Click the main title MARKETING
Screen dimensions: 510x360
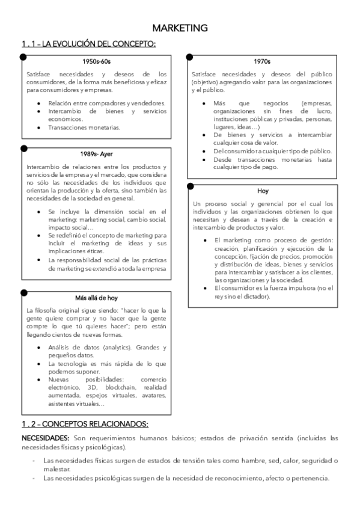point(180,28)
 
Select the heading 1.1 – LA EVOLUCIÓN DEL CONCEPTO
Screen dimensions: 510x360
point(88,43)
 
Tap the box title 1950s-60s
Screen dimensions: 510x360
point(97,61)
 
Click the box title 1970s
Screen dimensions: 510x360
point(263,61)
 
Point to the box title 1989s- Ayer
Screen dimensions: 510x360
point(97,153)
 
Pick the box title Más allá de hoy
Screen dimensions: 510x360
point(97,298)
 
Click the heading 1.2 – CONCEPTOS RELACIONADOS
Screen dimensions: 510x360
point(85,424)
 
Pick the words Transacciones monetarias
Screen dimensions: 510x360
point(85,127)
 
